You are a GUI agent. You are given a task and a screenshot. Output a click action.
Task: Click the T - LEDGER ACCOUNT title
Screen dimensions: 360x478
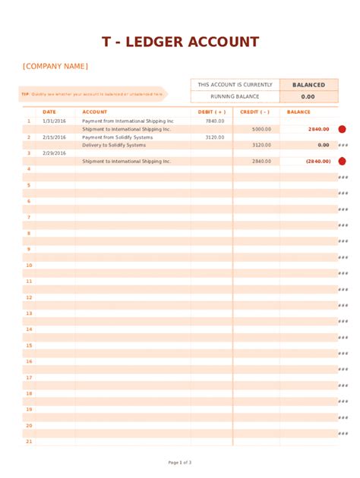180,42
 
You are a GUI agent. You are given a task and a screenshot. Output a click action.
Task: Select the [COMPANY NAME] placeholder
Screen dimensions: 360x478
55,67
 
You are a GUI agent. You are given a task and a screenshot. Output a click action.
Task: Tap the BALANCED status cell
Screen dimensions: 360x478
308,85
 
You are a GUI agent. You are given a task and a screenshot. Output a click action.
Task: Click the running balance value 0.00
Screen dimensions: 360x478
308,97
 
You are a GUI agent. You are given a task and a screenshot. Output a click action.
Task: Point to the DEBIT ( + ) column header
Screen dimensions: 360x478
211,112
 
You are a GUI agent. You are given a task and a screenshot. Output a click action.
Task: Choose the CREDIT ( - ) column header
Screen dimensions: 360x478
254,112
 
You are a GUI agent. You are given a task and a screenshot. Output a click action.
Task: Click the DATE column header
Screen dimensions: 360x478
49,112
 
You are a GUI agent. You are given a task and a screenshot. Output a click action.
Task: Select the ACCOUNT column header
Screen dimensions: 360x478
95,112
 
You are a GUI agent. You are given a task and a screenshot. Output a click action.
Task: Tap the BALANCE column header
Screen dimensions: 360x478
299,112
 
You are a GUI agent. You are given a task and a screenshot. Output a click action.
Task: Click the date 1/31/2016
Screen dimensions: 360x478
54,121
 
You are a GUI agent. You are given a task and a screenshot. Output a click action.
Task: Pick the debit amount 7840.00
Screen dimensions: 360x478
215,121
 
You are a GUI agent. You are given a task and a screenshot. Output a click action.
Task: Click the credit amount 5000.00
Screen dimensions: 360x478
261,129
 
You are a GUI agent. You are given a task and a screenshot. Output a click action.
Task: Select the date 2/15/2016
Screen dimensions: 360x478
54,137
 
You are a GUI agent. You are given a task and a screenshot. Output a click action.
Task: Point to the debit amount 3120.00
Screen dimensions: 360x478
215,137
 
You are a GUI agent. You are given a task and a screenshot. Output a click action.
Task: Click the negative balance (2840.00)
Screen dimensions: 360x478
317,161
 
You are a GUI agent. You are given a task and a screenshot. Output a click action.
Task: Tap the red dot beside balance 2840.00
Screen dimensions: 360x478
342,129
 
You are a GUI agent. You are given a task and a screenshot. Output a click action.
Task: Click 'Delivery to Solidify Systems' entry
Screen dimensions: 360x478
114,145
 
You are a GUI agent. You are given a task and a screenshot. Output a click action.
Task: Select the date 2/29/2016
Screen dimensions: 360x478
54,153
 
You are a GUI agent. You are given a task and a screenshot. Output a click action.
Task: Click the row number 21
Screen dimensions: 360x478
29,441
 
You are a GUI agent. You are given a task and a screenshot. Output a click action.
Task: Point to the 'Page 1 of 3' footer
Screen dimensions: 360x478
180,462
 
